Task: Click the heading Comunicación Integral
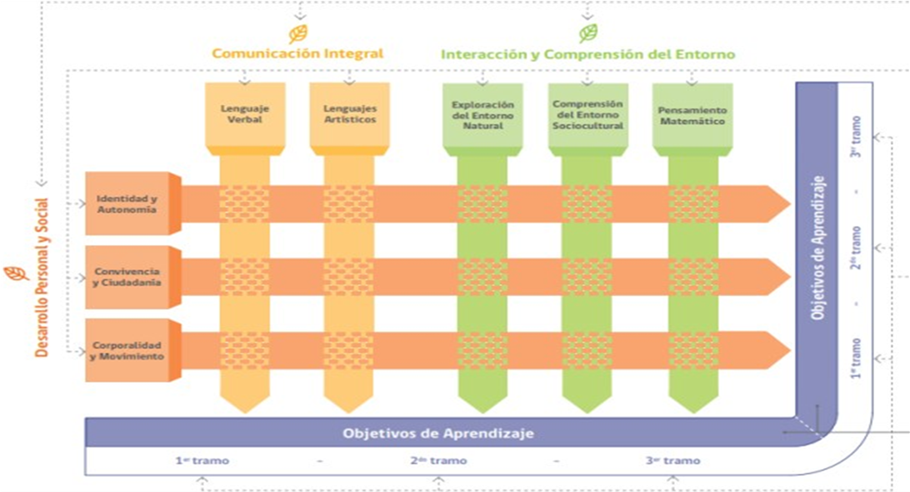point(297,54)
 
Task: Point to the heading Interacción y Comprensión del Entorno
point(587,54)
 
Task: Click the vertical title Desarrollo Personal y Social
point(41,277)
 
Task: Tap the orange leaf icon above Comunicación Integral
point(298,33)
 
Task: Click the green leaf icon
point(587,33)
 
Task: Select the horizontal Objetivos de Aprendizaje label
point(438,434)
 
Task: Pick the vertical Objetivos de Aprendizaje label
point(817,248)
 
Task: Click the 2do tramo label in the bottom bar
point(438,460)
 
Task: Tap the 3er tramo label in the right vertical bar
point(856,137)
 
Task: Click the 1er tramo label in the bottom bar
point(202,460)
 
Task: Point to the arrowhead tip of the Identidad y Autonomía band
point(790,203)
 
